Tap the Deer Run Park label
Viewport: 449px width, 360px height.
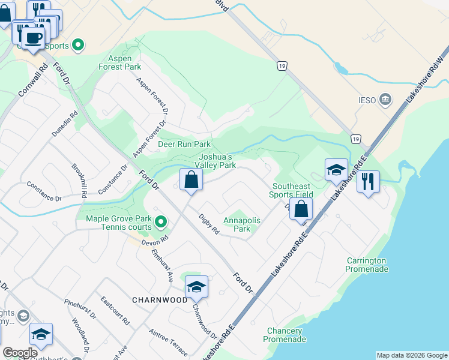[x=184, y=144]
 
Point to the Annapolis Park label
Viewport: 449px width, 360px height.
[x=241, y=224]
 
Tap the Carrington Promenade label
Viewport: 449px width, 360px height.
[x=367, y=265]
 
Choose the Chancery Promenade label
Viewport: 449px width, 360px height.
[x=285, y=335]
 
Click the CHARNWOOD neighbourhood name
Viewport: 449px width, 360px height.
[x=160, y=299]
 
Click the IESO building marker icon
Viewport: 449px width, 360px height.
[x=386, y=98]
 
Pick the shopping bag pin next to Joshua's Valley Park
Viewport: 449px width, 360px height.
[x=191, y=179]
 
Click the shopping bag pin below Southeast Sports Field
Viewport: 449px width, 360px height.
[x=301, y=209]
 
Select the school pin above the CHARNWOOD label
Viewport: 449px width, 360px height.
[x=196, y=287]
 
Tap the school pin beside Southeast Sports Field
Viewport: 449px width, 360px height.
[x=336, y=170]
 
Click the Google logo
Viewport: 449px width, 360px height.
[x=20, y=353]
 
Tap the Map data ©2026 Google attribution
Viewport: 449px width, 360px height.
[x=412, y=355]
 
